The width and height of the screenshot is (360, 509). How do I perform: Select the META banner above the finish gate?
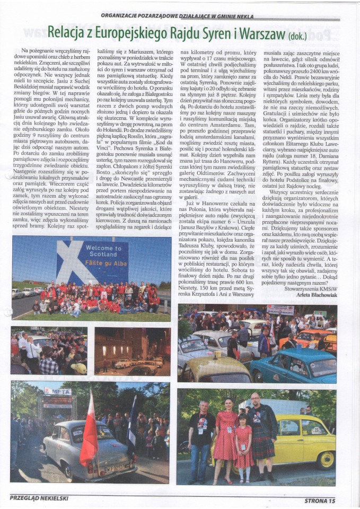point(58,391)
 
